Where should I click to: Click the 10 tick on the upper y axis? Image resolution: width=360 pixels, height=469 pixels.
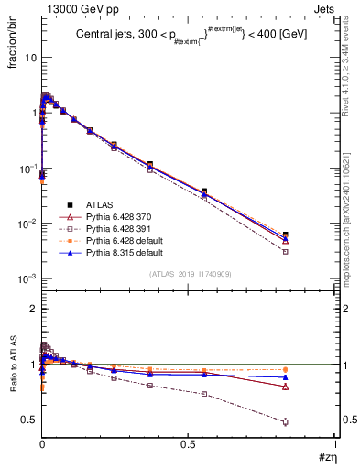click(29, 58)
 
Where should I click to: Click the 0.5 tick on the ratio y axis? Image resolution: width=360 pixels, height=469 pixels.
click(29, 420)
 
